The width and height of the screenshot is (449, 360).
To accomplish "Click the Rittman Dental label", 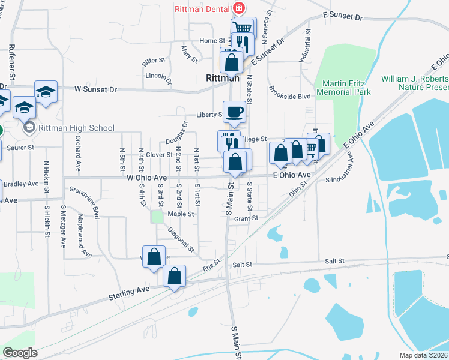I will click(203, 9).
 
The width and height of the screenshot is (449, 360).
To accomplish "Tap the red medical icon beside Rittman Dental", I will click(239, 8).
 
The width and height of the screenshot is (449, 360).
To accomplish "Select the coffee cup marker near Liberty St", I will click(234, 111).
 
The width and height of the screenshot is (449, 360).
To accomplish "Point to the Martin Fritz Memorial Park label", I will click(346, 88).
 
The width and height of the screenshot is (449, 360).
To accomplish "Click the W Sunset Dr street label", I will click(96, 89).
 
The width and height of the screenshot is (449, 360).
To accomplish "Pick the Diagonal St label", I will click(181, 238).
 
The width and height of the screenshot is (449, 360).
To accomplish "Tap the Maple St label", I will click(181, 214).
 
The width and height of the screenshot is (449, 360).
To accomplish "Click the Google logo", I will click(20, 353).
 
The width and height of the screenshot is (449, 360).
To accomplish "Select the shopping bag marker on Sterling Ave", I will click(174, 277).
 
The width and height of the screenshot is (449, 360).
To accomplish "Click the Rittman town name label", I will click(223, 78).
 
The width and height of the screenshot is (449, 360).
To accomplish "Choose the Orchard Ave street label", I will click(78, 158).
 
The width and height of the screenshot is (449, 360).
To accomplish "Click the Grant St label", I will click(246, 219).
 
